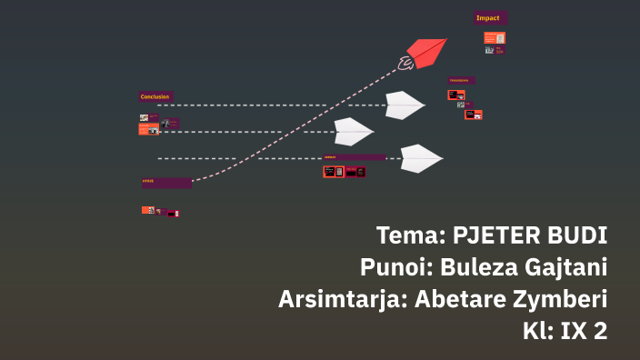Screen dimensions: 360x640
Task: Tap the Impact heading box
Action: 490,17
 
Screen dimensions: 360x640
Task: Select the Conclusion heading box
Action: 155,96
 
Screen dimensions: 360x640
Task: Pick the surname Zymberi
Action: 561,299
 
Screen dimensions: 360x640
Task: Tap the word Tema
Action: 407,235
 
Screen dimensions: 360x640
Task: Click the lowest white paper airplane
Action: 420,158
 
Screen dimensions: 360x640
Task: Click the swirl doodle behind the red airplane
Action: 405,62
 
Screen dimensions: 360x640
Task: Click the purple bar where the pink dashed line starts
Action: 165,183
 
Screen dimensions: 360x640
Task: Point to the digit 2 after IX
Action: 599,331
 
